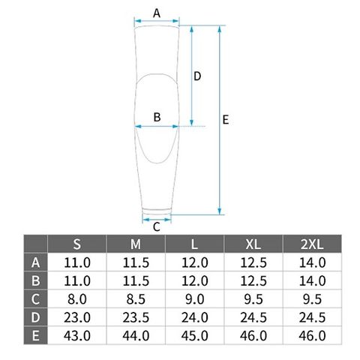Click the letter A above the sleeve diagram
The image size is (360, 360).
157,13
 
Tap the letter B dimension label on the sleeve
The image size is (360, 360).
157,117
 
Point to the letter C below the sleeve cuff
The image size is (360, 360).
156,227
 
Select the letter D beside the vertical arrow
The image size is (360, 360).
197,76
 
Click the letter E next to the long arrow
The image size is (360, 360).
226,120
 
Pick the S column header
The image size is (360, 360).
77,244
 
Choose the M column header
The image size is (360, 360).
136,244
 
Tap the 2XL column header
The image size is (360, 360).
312,244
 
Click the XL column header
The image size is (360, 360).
253,244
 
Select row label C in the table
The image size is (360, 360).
35,299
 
